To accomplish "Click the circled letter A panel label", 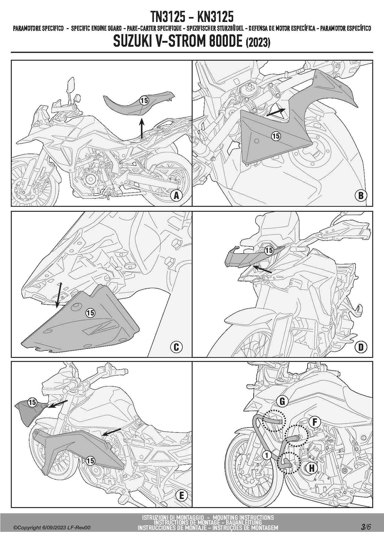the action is click(x=177, y=196).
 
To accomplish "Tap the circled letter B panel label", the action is click(x=361, y=196).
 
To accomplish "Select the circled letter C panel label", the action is click(x=176, y=347).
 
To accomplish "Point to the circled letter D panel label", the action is click(x=361, y=347).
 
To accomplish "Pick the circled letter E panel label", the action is click(x=181, y=496).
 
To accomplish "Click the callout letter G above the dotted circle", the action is click(x=282, y=402).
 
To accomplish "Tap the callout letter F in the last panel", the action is click(x=315, y=422).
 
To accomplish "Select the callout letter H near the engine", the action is click(x=312, y=468).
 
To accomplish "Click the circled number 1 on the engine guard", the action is click(x=267, y=455).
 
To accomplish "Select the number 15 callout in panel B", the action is click(x=276, y=136).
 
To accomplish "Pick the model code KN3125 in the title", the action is click(x=215, y=16).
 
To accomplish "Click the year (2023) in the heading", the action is click(x=258, y=42).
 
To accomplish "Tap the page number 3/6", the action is click(x=365, y=526).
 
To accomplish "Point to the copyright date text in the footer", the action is click(x=52, y=528).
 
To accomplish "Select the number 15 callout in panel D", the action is click(x=269, y=250).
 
